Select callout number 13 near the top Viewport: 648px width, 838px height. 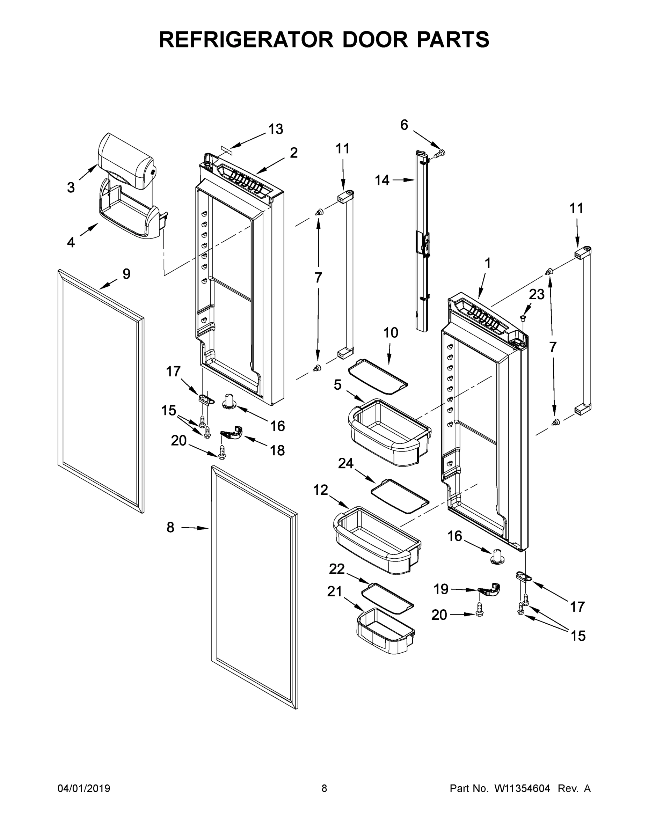pyautogui.click(x=276, y=129)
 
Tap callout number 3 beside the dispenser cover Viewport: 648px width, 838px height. pyautogui.click(x=71, y=188)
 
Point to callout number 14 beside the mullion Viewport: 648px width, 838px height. pyautogui.click(x=382, y=180)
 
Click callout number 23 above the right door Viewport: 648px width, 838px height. pyautogui.click(x=536, y=294)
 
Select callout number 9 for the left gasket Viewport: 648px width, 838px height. pyautogui.click(x=126, y=274)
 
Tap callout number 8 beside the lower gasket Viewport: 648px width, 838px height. pyautogui.click(x=170, y=528)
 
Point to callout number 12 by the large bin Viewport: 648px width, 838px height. pyautogui.click(x=321, y=490)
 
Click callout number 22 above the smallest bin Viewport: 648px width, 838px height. pyautogui.click(x=337, y=569)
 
